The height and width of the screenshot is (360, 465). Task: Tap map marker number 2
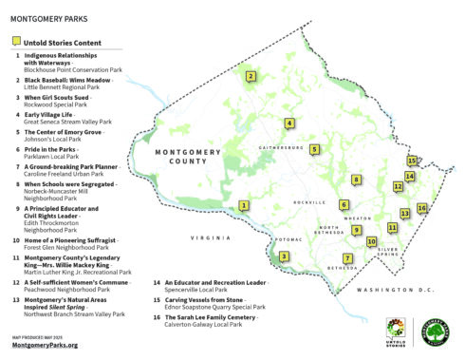click(251, 77)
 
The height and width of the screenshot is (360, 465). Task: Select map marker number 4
click(289, 123)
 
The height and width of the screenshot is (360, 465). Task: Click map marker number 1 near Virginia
click(244, 205)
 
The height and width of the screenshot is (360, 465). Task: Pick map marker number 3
click(283, 256)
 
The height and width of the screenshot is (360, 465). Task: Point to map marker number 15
click(412, 161)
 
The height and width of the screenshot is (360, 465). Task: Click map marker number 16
click(421, 208)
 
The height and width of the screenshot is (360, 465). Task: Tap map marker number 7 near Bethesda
click(347, 258)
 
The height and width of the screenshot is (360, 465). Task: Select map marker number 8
click(357, 179)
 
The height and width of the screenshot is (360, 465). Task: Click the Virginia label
click(211, 237)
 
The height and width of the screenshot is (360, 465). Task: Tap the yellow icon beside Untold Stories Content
click(16, 42)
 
